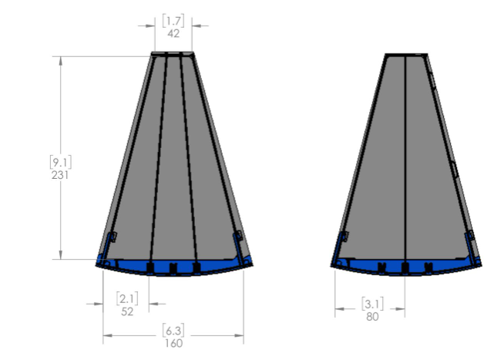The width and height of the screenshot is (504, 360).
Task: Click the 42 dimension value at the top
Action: [173, 33]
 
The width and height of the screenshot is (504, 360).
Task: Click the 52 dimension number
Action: [126, 311]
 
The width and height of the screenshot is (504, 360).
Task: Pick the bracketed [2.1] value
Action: [126, 298]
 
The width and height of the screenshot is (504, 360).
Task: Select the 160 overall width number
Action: [173, 342]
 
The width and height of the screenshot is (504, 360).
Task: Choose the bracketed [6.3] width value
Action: [173, 331]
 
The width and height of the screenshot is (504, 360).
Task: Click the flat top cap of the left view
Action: [173, 54]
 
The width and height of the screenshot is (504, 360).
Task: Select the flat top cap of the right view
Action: [405, 55]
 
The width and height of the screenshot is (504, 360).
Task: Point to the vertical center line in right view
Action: [405, 154]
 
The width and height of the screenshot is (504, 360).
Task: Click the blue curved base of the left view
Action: [173, 269]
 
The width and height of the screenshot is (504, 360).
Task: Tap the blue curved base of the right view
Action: [405, 270]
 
